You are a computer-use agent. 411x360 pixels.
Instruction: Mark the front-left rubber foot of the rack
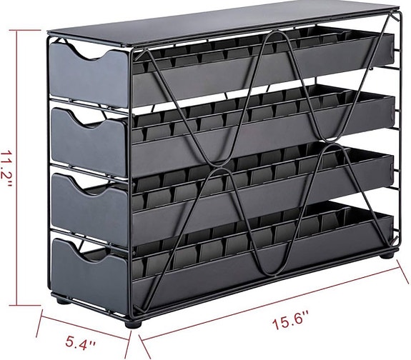(129, 322)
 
